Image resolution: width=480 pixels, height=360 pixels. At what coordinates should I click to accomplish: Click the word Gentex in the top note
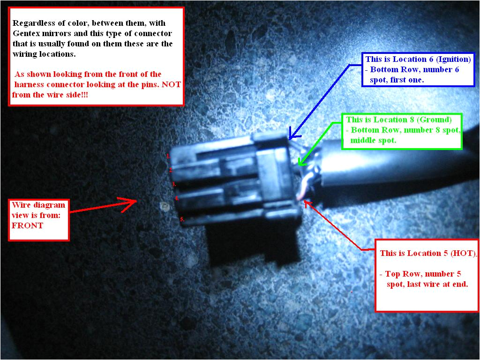(x=27, y=34)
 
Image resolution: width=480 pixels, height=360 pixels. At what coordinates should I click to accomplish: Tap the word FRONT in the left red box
(x=28, y=225)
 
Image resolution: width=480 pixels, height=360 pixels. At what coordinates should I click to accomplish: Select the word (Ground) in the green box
(x=436, y=120)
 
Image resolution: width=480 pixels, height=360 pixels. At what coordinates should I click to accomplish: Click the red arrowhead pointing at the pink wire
(x=305, y=202)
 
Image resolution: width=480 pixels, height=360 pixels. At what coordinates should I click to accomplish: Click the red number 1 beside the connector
(x=168, y=156)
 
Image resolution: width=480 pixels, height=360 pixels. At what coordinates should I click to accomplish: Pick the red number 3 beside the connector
(x=173, y=184)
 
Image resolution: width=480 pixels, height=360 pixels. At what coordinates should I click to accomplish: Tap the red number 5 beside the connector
(x=182, y=219)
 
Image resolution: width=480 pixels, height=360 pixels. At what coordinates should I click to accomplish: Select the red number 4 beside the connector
(x=177, y=198)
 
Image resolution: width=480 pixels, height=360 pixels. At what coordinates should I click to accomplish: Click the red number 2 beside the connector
(x=171, y=170)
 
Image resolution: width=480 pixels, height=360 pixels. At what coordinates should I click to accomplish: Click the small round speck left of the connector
(x=163, y=205)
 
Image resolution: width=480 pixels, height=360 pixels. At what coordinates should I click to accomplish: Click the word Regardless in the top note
(x=32, y=23)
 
